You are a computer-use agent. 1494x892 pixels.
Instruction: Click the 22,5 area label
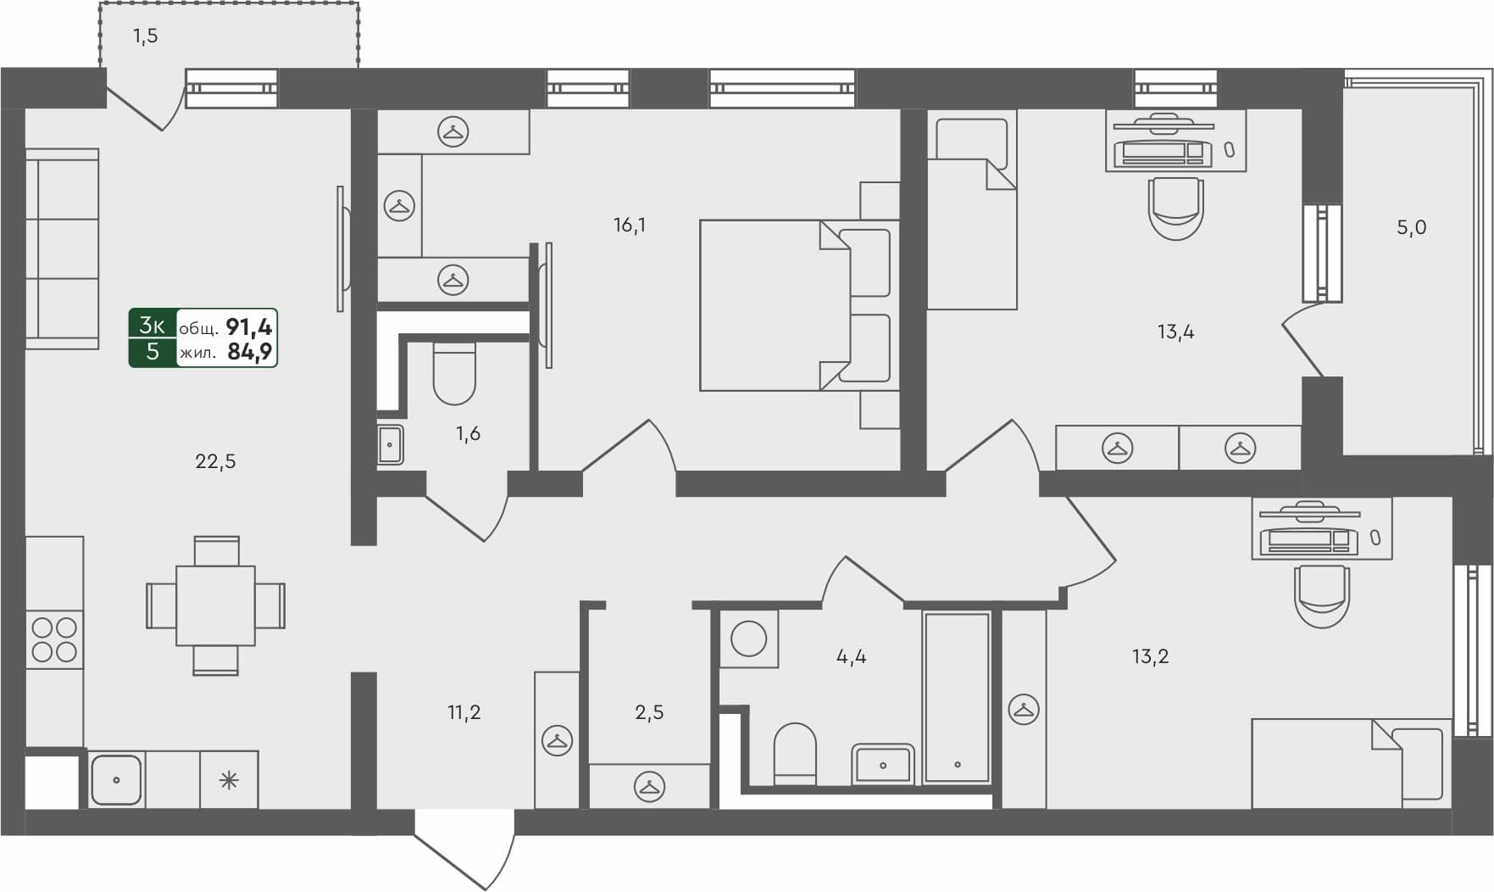click(215, 462)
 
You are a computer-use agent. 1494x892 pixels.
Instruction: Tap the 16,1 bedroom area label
click(630, 226)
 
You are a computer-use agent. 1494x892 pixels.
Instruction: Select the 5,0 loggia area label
click(1411, 228)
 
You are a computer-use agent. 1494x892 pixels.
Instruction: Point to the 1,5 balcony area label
click(145, 36)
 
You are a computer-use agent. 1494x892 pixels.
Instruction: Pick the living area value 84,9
click(249, 352)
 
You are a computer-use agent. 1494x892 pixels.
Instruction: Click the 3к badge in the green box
click(153, 325)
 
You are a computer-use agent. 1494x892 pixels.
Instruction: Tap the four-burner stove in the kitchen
click(54, 639)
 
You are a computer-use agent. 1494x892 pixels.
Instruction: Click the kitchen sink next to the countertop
click(116, 779)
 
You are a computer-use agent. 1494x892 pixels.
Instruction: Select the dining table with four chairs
click(215, 605)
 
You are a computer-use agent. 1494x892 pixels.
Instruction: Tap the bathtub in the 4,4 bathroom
click(957, 697)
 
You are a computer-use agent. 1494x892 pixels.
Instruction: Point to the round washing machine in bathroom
click(748, 638)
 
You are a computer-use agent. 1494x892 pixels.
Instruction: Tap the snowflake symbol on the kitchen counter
click(229, 780)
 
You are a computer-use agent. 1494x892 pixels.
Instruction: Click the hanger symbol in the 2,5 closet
click(649, 787)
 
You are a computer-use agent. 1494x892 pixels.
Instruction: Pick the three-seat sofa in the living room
click(62, 248)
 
